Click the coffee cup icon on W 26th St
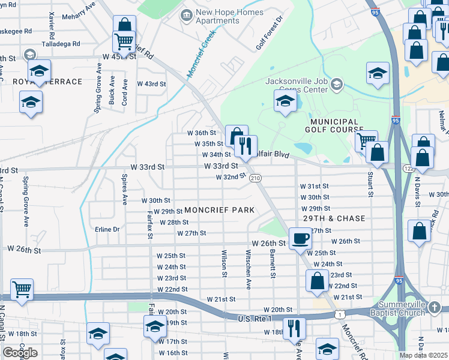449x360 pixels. pyautogui.click(x=300, y=238)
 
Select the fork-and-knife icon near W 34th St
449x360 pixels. pyautogui.click(x=245, y=145)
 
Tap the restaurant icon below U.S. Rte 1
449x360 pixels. pyautogui.click(x=294, y=328)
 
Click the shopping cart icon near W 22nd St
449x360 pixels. pyautogui.click(x=22, y=290)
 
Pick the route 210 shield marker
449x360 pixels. pyautogui.click(x=255, y=178)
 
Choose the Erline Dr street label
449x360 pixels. pyautogui.click(x=107, y=229)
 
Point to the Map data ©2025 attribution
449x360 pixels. pyautogui.click(x=423, y=355)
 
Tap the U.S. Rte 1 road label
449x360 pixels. pyautogui.click(x=256, y=318)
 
